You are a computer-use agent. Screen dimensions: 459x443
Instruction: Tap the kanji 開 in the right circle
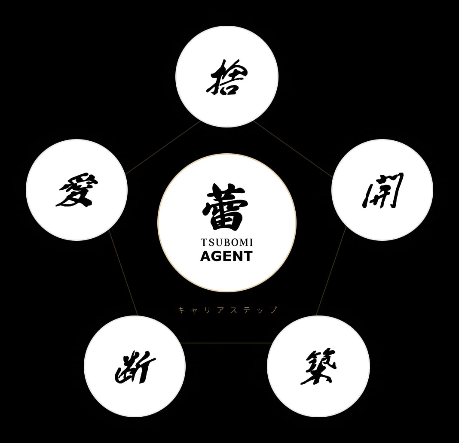point(382,190)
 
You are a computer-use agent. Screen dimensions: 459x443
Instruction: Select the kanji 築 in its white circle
point(318,367)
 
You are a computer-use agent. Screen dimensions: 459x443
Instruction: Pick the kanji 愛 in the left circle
point(76,190)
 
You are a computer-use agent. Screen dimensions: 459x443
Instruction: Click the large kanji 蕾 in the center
point(225,207)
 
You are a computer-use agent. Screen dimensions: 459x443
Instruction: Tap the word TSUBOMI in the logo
point(226,243)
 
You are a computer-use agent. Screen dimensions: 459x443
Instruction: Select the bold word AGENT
point(226,256)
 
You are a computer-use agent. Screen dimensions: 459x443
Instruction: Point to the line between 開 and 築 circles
point(331,270)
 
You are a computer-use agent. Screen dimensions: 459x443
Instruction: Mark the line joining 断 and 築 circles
point(226,343)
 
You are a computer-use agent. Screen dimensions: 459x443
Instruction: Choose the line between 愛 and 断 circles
point(123,273)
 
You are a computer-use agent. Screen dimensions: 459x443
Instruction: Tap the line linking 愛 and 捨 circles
point(163,147)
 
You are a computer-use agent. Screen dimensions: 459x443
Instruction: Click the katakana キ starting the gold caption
point(181,309)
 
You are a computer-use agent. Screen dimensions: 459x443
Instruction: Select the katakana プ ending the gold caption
point(273,309)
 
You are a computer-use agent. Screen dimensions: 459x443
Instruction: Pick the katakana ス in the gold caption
point(233,309)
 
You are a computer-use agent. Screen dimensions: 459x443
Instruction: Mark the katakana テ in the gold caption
point(247,309)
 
